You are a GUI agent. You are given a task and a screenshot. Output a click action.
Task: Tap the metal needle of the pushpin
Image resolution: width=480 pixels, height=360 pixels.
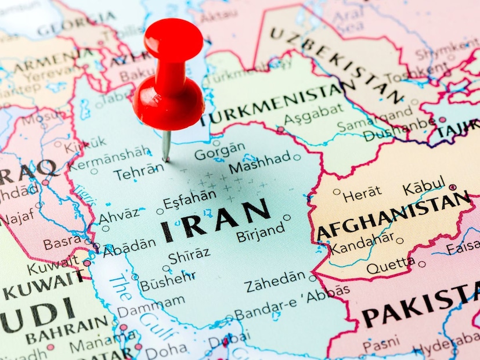point(167,145)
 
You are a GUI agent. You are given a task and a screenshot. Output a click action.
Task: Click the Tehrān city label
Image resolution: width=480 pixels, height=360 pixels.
point(139,171)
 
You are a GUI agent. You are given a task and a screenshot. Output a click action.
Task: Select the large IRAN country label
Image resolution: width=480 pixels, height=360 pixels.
point(215,219)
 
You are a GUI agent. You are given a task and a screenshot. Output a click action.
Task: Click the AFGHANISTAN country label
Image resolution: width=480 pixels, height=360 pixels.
point(392,218)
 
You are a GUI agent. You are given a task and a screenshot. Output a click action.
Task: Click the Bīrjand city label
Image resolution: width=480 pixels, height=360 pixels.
point(261,235)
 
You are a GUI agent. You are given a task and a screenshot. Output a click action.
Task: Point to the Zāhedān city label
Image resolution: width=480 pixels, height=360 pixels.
point(275,283)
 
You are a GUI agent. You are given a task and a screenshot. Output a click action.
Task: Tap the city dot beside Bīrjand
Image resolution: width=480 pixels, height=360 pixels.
point(287,218)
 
